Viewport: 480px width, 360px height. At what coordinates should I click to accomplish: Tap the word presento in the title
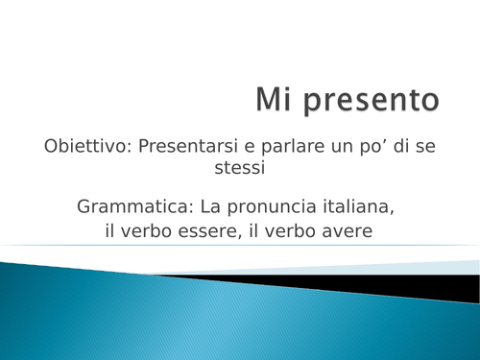368,102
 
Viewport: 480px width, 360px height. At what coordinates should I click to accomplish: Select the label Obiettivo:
87,147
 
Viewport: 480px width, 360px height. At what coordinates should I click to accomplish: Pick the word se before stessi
425,147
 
